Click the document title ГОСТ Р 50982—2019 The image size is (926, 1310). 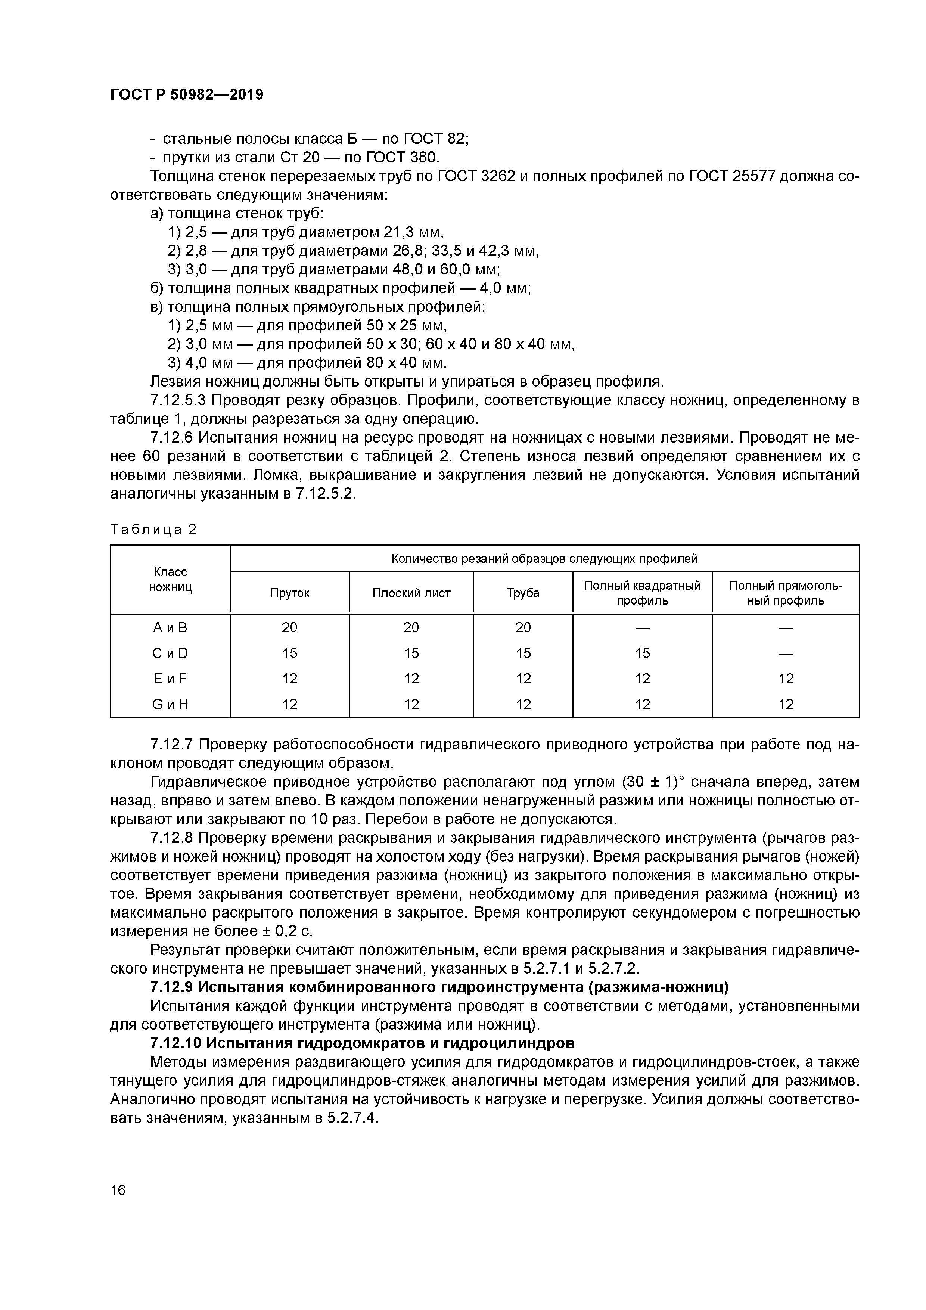coord(187,95)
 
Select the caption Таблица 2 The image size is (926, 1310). coord(153,530)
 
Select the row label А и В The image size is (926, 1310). coord(170,628)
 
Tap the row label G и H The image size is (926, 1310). coord(170,705)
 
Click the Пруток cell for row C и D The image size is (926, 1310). coord(289,653)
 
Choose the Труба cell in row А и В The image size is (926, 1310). coord(523,628)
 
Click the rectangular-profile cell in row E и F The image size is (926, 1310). coord(786,679)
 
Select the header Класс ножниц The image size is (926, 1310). coord(170,579)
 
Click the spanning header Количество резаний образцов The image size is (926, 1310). coord(544,559)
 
